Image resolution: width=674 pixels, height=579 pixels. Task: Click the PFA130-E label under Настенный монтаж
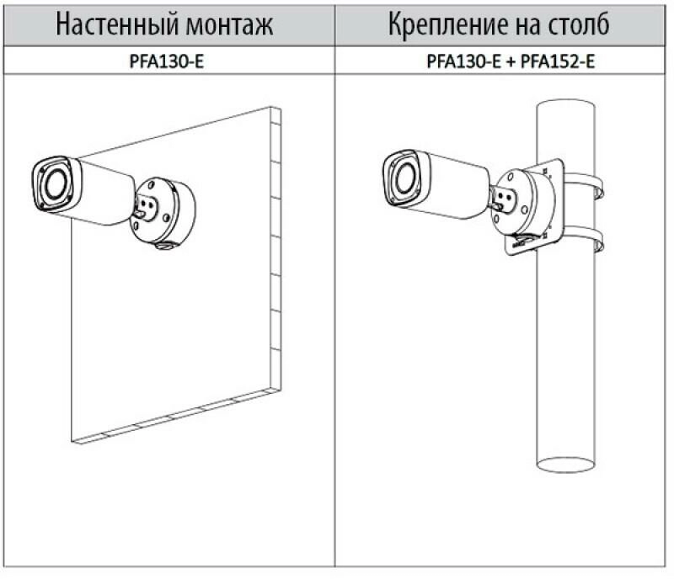166,61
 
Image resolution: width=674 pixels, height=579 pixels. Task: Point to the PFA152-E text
558,61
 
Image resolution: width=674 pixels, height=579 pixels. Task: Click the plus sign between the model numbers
511,61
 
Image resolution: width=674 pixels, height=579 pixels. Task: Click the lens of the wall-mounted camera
55,183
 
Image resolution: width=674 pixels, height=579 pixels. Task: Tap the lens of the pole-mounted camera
404,178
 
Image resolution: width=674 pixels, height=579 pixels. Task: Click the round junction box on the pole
523,201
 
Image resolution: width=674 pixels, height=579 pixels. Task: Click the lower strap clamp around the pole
584,238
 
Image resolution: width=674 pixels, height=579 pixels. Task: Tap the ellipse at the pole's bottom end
565,465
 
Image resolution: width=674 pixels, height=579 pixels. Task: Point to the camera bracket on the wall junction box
145,208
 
